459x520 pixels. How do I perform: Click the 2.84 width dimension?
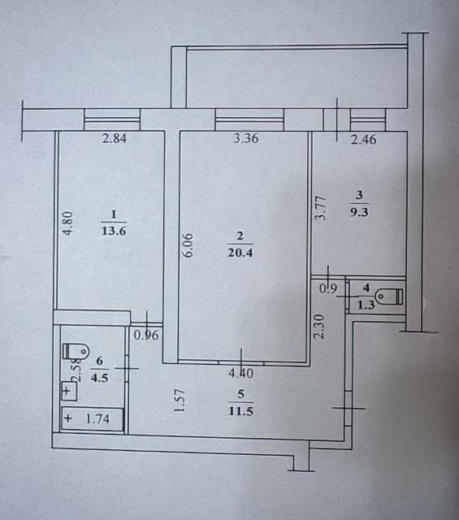[115, 138]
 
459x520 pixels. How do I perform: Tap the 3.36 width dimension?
[245, 138]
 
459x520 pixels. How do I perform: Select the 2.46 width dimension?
[364, 140]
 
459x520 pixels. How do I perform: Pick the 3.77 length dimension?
[321, 205]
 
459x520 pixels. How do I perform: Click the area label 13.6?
[114, 230]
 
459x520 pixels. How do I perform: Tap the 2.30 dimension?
[319, 327]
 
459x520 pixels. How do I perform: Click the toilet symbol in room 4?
[394, 296]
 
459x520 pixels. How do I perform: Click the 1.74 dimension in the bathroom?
[98, 419]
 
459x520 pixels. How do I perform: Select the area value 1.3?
[366, 305]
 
